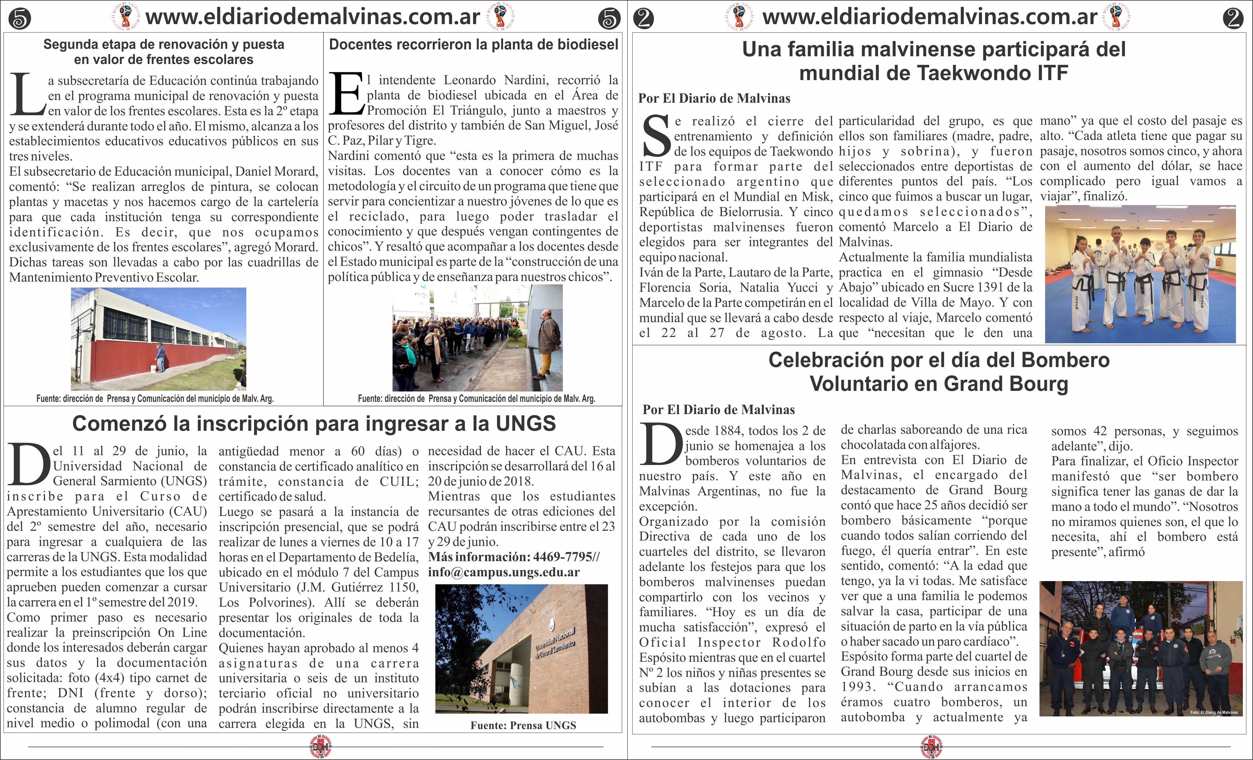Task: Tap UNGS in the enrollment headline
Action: click(526, 424)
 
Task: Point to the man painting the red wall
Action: click(160, 358)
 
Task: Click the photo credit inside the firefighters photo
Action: click(1214, 712)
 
